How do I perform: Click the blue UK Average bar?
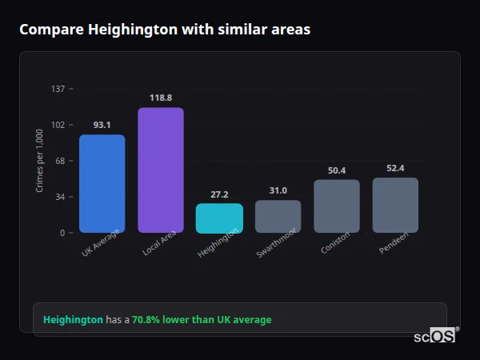coord(102,184)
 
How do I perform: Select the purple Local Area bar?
coord(161,170)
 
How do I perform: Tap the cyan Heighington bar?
coord(219,218)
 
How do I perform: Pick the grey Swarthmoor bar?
coord(278,216)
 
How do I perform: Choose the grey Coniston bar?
coord(337,206)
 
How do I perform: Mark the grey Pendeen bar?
coord(395,205)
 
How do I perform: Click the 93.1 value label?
coord(102,125)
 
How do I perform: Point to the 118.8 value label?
coord(161,98)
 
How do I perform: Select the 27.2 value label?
coord(219,194)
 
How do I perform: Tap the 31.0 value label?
coord(278,190)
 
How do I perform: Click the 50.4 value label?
coord(337,170)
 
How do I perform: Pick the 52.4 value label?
coord(395,168)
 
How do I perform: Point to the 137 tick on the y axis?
coord(58,89)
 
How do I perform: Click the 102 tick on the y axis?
coord(58,125)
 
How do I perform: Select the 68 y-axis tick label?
coord(61,161)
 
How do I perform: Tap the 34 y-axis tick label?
coord(61,197)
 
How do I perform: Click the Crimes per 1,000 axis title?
coord(40,161)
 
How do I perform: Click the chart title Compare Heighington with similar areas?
coord(165,30)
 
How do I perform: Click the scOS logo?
coord(435,336)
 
